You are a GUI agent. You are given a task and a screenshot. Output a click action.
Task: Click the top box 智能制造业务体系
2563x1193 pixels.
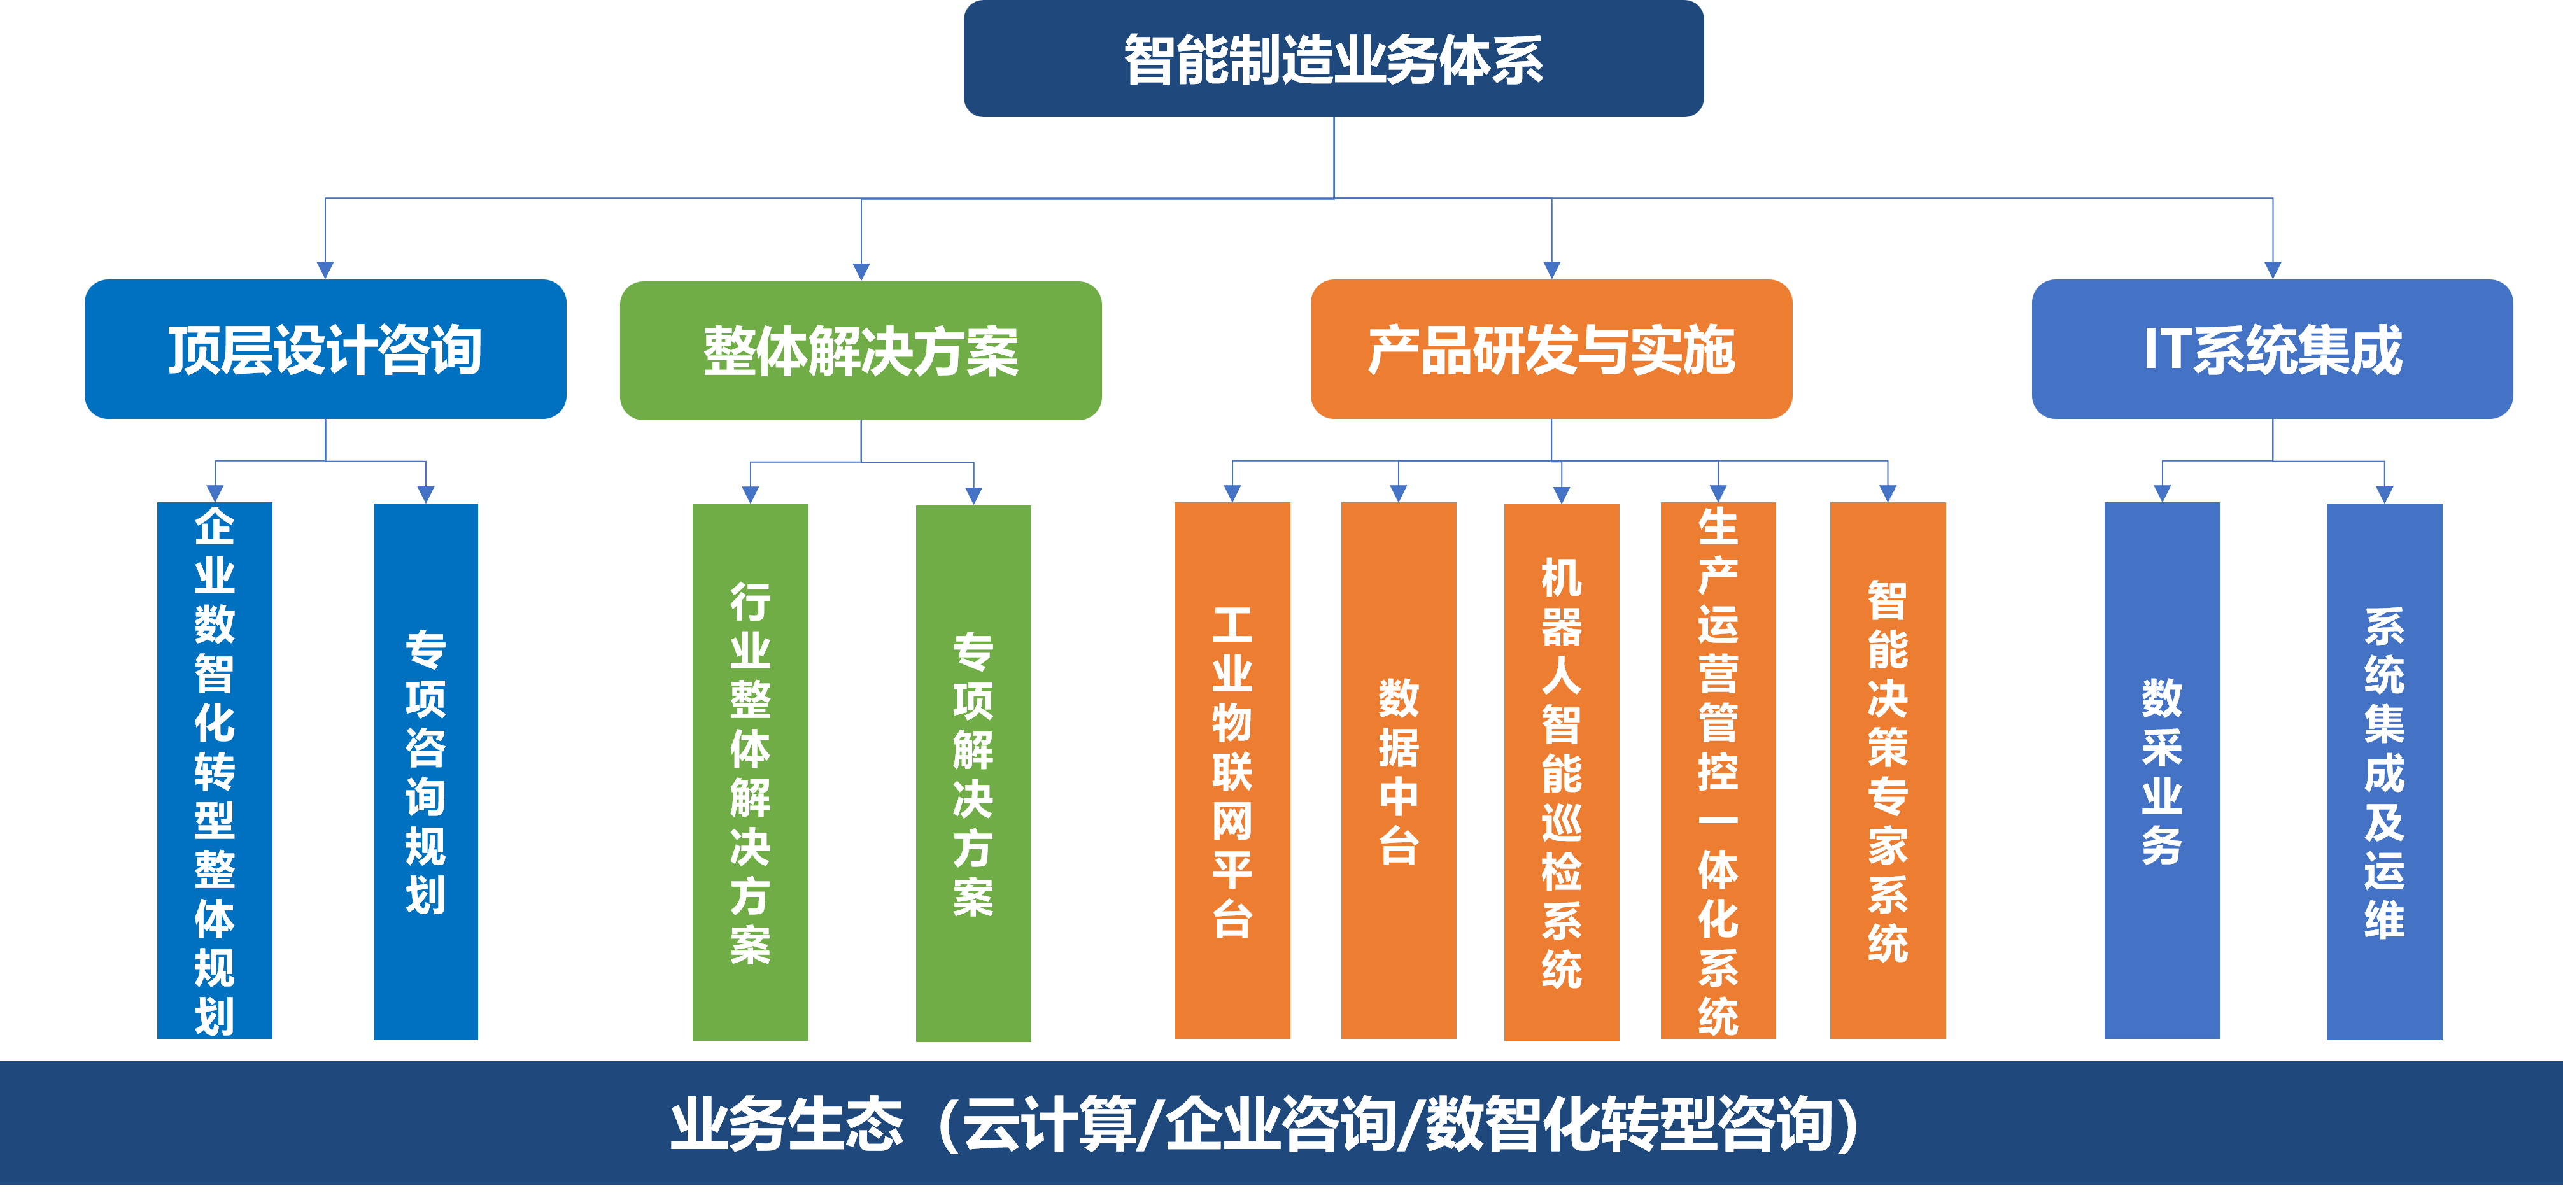[1333, 59]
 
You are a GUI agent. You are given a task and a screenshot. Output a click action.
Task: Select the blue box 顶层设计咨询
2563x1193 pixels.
[325, 349]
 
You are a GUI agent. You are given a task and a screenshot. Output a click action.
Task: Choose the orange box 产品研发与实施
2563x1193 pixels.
[1551, 349]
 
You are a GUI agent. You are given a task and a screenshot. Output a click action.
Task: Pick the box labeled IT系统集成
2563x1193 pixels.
[2273, 349]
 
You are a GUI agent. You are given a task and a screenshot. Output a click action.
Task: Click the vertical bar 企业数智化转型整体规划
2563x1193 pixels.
[215, 770]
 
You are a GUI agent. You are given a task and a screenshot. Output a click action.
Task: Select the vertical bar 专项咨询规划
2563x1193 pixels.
[426, 771]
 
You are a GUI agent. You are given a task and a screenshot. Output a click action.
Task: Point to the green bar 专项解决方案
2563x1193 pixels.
[973, 773]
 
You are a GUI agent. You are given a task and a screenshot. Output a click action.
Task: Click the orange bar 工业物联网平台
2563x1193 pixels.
[1232, 770]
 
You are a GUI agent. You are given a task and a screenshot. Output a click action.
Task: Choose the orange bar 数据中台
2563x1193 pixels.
[1399, 770]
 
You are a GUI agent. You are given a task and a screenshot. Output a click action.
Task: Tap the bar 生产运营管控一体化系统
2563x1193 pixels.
[1718, 770]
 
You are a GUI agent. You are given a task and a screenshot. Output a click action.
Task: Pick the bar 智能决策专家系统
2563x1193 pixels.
[1888, 770]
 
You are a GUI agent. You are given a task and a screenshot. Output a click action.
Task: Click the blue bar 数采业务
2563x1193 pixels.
[2162, 770]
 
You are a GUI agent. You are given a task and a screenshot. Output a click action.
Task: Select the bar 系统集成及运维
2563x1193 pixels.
[2384, 771]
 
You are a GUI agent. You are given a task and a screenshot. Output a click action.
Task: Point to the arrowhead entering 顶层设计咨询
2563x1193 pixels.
[325, 271]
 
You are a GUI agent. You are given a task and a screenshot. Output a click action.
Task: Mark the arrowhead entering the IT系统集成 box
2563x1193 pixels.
[2273, 271]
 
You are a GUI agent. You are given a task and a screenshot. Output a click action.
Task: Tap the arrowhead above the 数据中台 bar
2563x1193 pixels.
[1398, 493]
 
